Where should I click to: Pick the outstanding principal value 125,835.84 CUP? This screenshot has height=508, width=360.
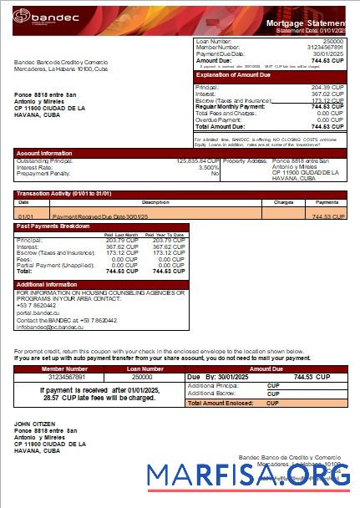(x=198, y=160)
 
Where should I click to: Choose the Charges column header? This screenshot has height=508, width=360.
(x=283, y=202)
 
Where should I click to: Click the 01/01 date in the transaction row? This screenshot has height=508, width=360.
(x=25, y=216)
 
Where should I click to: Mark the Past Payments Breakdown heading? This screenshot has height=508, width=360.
(x=53, y=226)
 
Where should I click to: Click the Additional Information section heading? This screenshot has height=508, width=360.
(x=47, y=284)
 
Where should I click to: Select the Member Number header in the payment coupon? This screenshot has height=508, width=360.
(x=64, y=368)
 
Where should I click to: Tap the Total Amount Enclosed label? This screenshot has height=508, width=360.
(x=221, y=403)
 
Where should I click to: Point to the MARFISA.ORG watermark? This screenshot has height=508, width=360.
(x=249, y=476)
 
